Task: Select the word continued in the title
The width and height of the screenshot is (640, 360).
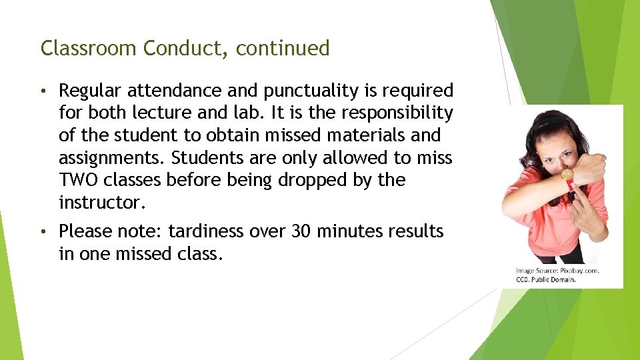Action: click(x=283, y=49)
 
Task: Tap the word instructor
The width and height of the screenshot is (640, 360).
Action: click(x=99, y=202)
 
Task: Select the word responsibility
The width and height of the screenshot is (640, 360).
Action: click(x=389, y=113)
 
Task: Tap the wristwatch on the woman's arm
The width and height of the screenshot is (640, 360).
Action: click(x=567, y=175)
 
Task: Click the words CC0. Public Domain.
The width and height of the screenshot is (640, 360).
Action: click(x=545, y=279)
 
